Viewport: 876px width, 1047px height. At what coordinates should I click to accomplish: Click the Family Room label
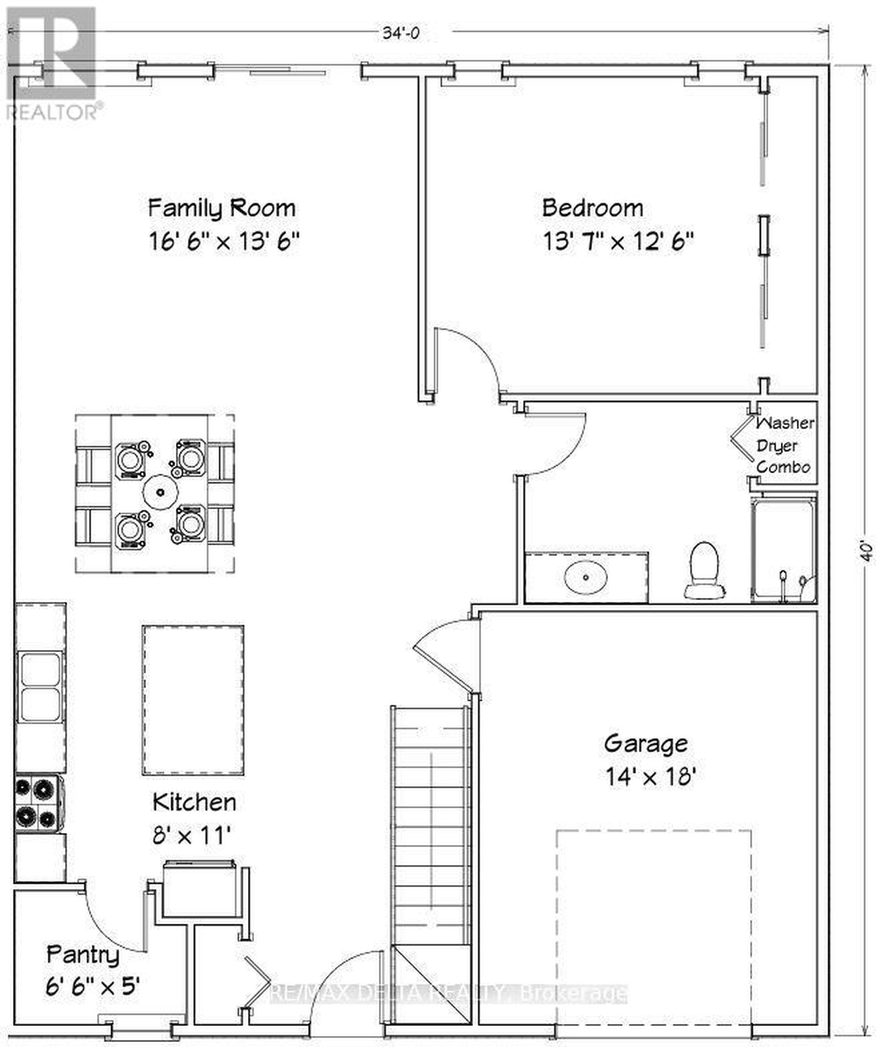pos(222,208)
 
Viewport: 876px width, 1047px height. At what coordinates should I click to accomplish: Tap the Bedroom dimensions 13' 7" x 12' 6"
pos(619,241)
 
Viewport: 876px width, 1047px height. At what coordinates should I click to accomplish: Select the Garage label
pos(646,744)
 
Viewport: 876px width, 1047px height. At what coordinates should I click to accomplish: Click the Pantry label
pos(83,955)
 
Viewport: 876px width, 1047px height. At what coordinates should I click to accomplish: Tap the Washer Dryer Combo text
pos(785,445)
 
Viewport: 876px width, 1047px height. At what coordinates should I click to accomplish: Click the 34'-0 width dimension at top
pos(401,33)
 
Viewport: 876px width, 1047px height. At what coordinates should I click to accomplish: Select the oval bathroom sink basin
pos(586,577)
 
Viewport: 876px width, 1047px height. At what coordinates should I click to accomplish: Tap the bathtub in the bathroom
pos(783,548)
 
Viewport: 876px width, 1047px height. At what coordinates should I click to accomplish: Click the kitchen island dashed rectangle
pos(193,700)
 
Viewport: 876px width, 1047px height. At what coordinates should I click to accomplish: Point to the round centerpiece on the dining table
pos(160,492)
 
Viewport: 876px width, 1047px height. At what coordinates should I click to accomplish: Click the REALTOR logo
pos(52,63)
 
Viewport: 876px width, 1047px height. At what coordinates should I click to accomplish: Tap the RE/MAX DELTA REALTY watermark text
pos(449,993)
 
